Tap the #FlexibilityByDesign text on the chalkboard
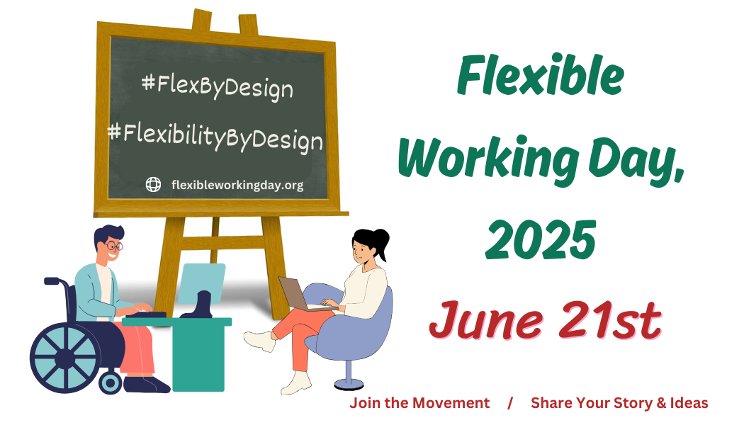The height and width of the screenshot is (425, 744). tap(215, 137)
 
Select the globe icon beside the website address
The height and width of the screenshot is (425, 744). tap(153, 184)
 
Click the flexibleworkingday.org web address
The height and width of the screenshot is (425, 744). tap(237, 185)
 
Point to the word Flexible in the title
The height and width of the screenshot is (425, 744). tap(541, 76)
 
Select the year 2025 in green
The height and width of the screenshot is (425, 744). tap(541, 239)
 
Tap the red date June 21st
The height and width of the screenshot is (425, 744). tap(545, 320)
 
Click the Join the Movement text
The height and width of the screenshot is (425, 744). tap(419, 403)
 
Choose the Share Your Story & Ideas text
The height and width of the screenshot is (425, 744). tap(620, 403)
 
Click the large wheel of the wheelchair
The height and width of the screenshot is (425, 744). tap(65, 358)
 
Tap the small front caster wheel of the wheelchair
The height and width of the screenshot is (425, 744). tap(111, 382)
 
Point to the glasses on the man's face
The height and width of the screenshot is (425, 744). tap(114, 246)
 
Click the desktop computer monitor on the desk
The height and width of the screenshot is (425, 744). tap(201, 283)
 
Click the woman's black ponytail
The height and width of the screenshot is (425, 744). tap(381, 243)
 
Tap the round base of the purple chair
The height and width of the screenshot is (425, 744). tap(349, 383)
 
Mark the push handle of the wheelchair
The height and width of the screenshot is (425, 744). tap(52, 280)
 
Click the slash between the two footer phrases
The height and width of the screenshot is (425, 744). tap(510, 403)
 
